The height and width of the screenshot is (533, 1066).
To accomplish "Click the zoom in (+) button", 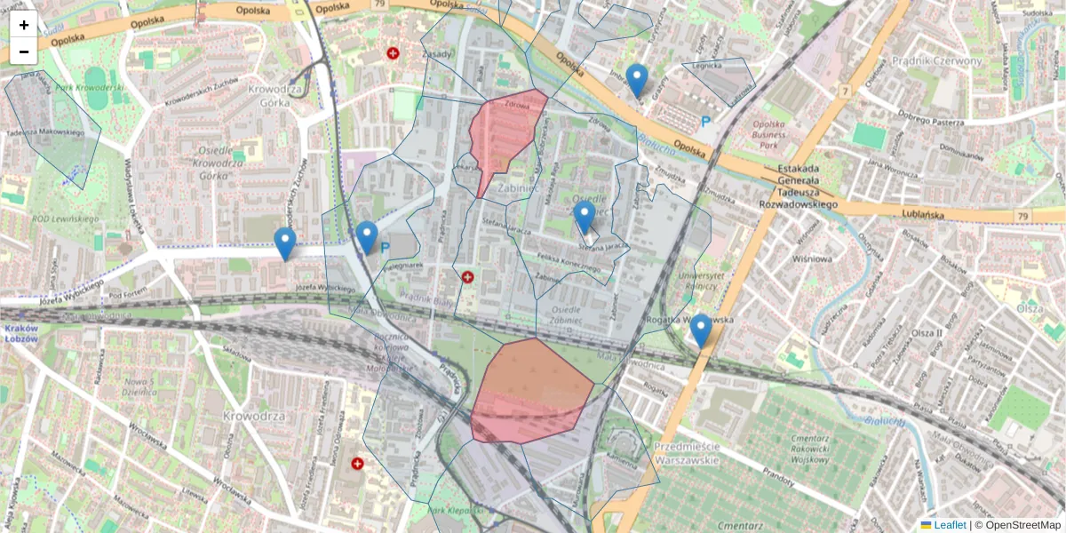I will pos(24,25).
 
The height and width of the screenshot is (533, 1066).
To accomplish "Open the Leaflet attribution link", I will pos(949,525).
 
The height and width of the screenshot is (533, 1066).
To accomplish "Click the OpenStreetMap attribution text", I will pos(1022,525).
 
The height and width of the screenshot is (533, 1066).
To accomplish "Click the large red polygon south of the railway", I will pos(529,391).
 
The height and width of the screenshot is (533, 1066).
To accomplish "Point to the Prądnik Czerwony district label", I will pos(945,61).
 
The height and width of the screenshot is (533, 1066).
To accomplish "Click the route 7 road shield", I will pos(843,91).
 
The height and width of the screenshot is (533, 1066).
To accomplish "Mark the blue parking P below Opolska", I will pos(706,122).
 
